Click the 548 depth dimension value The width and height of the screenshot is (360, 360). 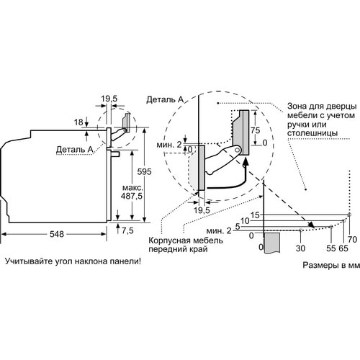coord(57,234)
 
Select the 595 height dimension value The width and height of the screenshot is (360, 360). coord(144,171)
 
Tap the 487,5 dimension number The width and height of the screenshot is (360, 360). coord(132,196)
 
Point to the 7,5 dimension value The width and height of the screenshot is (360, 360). coord(127,230)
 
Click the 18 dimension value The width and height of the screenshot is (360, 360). coord(78,122)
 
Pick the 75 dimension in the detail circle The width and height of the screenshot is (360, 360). coord(256,130)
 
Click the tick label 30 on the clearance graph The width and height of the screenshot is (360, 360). coord(300,248)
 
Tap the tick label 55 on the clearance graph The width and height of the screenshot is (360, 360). coord(331,248)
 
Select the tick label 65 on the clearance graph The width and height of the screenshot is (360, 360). coord(343,248)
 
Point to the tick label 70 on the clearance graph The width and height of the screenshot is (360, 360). coord(352,239)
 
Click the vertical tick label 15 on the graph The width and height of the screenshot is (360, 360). coord(255,215)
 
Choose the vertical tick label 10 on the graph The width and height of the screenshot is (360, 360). coord(245,221)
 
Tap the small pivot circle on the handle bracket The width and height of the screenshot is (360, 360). coord(238,150)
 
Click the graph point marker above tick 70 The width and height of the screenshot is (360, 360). coord(349,215)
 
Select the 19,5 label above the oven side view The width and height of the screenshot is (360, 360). coord(109,99)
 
